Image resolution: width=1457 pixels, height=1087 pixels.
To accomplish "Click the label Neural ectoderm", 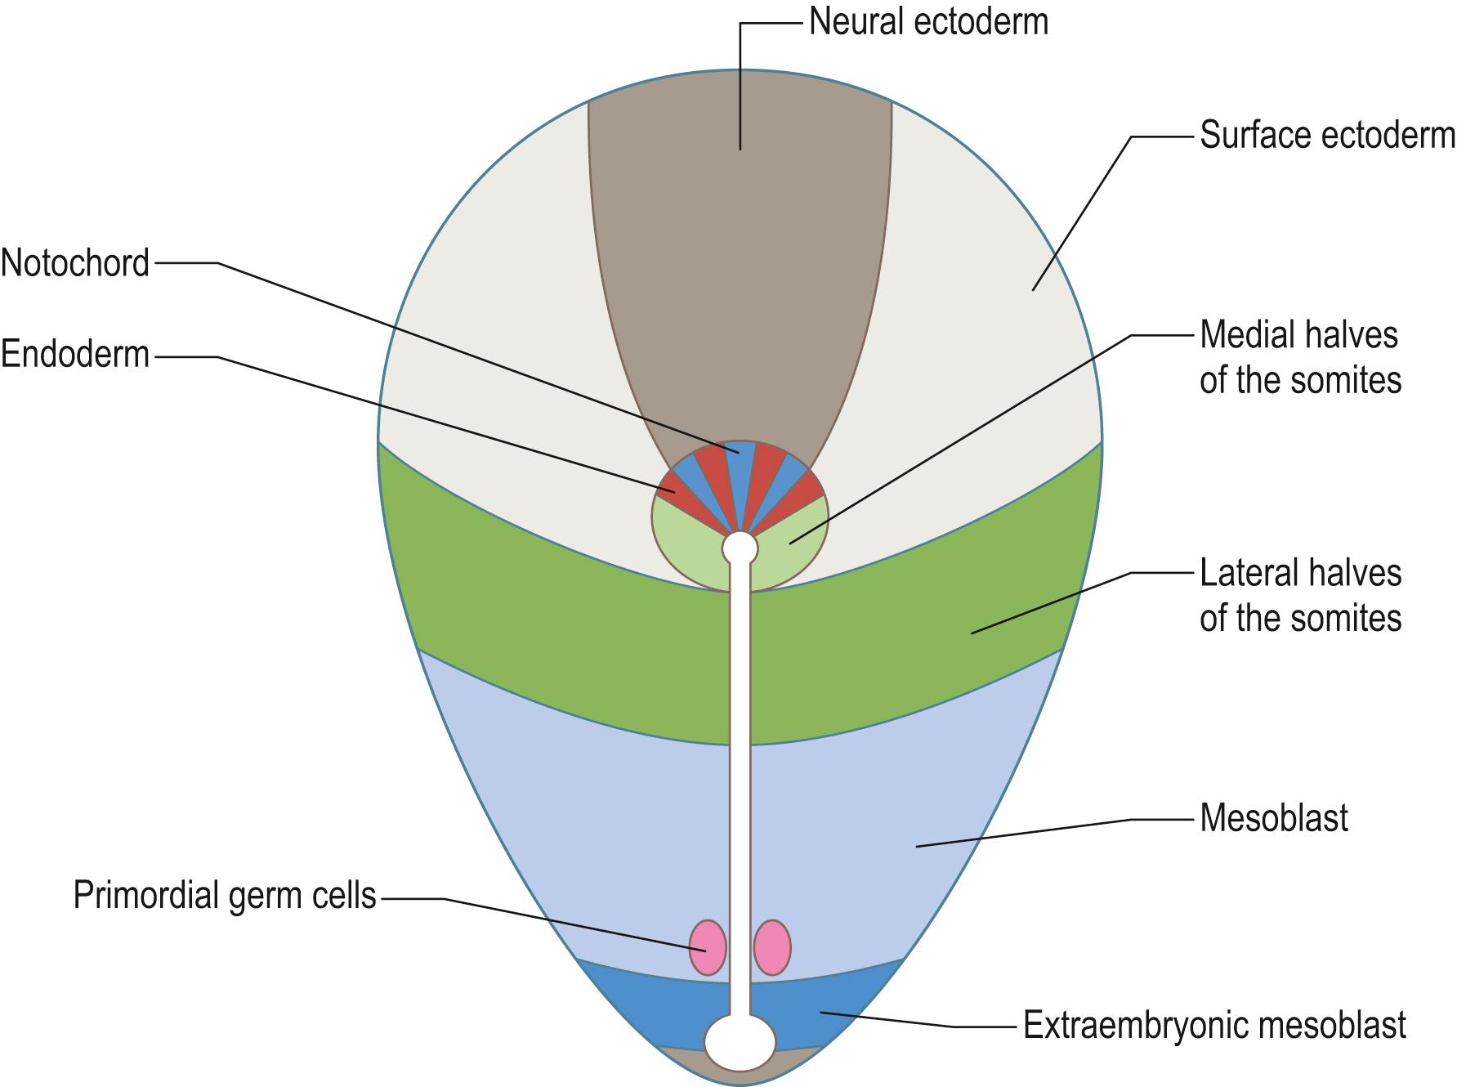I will click(928, 22).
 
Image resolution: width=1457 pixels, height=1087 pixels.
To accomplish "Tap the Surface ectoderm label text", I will click(1326, 136).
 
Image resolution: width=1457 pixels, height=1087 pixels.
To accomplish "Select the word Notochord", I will click(75, 263).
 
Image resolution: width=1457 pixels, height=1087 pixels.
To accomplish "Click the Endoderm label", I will click(75, 356).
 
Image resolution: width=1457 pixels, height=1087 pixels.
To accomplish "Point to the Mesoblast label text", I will click(1273, 818).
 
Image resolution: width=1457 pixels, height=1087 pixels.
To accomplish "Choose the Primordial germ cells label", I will click(225, 896).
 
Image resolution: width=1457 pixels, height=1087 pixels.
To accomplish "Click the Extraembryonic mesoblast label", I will click(1214, 1025).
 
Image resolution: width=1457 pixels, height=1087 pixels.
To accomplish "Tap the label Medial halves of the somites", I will click(1299, 358).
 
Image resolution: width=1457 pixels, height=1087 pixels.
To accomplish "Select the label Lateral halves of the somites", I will click(1299, 596).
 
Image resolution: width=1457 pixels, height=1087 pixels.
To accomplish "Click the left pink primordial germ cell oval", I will click(708, 947).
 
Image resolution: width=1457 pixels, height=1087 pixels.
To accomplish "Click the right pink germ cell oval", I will click(772, 947).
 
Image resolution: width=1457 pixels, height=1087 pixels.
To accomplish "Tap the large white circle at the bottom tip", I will click(740, 1041).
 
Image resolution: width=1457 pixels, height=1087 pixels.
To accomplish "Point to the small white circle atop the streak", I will click(740, 548).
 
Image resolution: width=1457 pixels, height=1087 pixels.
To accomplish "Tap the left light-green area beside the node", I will click(686, 543).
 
